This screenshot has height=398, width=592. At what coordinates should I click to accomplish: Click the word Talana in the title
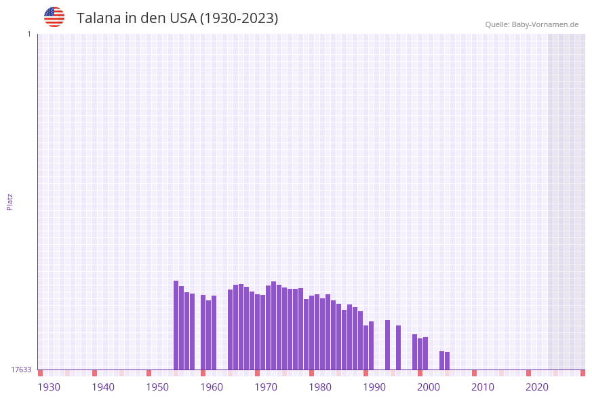pos(97,18)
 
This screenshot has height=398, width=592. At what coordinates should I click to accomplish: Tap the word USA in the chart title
pos(183,18)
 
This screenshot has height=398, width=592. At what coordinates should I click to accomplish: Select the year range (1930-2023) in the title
pos(239,18)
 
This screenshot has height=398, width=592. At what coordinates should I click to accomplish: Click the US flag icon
pos(54,17)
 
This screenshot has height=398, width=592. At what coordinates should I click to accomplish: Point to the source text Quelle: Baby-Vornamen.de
pos(532,24)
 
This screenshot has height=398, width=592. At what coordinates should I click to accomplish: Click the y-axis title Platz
pos(10,201)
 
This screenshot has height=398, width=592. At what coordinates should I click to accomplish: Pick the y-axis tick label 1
pos(28,34)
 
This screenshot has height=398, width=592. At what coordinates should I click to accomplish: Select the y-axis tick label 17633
pos(21,370)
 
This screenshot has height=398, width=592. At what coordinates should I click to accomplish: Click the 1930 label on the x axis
pos(49,387)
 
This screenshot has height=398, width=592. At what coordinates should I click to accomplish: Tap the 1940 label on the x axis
pos(103,387)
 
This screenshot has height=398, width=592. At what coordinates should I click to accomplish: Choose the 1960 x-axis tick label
pos(212,387)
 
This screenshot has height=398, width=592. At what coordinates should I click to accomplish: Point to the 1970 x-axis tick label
pos(266,387)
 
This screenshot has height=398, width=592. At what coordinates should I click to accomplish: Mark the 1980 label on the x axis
pos(320,387)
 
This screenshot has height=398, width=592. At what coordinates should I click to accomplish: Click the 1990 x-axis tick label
pos(374,387)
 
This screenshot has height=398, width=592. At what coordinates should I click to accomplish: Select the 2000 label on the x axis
pos(429,387)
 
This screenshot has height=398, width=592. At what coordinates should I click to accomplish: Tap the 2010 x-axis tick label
pos(483,387)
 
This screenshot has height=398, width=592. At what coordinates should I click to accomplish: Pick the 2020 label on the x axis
pos(537,387)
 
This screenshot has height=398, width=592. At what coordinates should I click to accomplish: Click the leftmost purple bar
pos(176,325)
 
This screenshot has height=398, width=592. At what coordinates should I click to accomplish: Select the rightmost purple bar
pos(447,361)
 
